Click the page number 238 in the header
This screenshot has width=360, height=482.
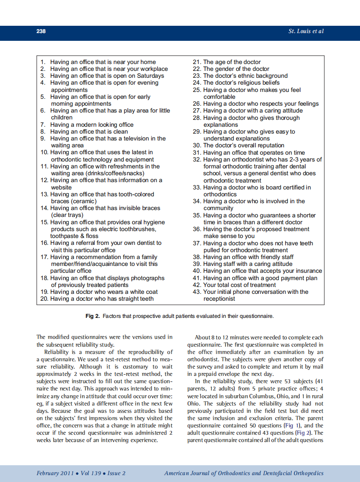[41, 31]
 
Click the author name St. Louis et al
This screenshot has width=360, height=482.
[306, 31]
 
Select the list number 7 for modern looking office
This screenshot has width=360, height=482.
[43, 125]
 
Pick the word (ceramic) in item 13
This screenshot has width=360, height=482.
[81, 201]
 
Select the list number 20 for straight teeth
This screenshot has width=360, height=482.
[44, 299]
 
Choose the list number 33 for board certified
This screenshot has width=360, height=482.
[197, 187]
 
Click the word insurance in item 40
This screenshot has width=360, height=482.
[307, 271]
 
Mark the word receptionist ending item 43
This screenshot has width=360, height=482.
[219, 299]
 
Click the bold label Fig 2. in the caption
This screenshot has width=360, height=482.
[93, 316]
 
